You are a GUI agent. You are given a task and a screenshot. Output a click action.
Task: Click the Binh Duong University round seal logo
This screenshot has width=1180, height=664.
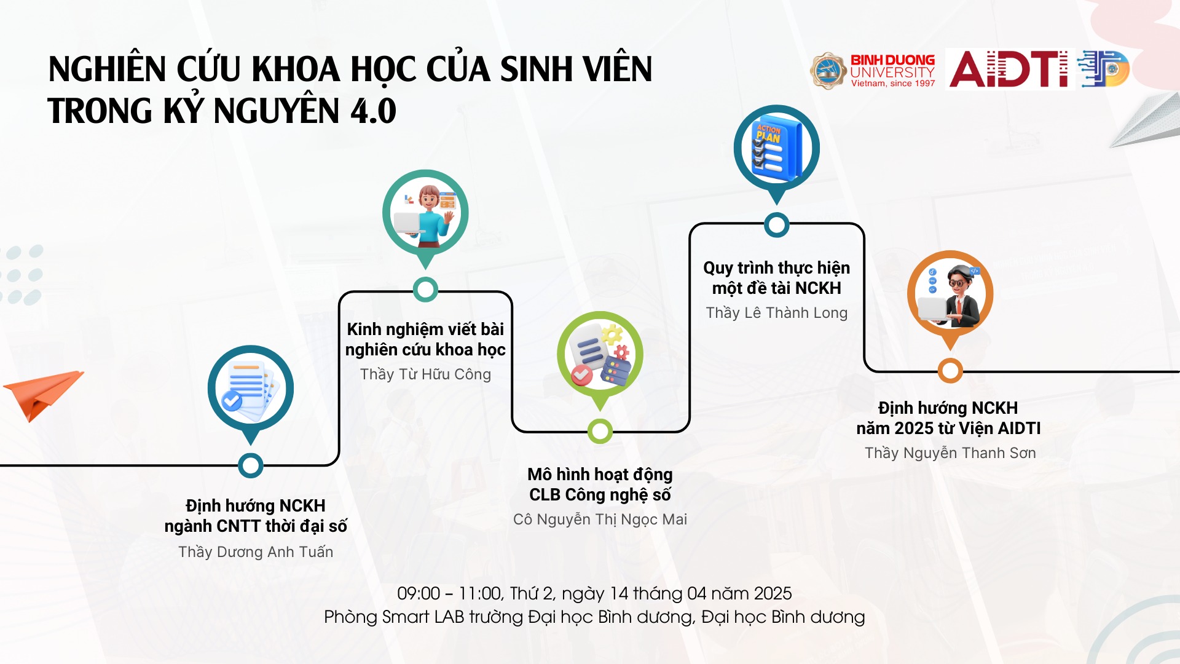tap(828, 70)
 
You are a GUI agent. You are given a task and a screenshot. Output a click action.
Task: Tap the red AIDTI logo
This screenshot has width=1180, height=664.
tap(1009, 69)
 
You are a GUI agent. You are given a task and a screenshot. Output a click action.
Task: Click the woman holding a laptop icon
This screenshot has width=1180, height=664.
tap(425, 216)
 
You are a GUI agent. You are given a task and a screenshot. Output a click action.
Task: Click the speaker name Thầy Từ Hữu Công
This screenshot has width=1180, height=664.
tap(425, 374)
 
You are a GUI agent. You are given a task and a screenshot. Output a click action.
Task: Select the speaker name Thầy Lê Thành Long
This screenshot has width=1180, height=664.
tap(777, 313)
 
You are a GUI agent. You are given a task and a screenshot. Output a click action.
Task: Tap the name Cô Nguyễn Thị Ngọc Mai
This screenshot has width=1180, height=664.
tap(600, 520)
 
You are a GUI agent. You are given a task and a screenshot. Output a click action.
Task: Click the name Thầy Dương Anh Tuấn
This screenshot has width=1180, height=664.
tap(256, 552)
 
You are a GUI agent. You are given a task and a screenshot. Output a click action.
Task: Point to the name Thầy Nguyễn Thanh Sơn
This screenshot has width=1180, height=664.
tap(950, 453)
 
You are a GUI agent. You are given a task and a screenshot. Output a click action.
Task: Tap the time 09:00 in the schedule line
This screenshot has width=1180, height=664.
tap(419, 593)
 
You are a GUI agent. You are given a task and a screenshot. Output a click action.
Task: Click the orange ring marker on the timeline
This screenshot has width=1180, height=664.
tap(950, 371)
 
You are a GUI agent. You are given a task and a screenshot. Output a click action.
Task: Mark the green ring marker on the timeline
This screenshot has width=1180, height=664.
tap(600, 432)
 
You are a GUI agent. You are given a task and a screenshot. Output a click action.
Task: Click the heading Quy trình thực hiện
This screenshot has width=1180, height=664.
tap(777, 268)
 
